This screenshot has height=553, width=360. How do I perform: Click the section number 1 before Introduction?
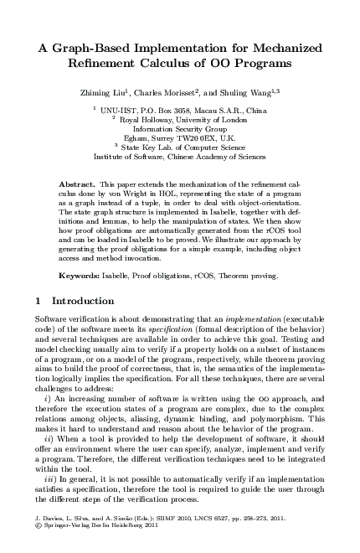tap(39, 300)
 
